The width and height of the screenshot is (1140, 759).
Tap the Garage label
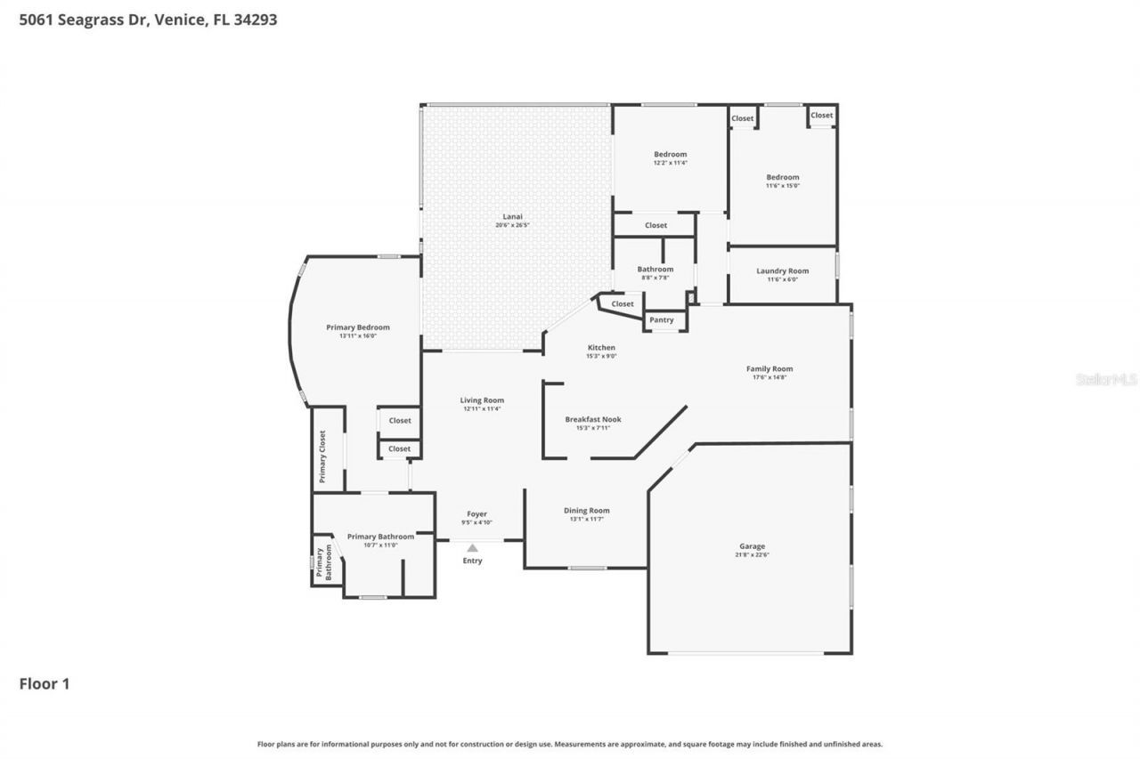coord(752,546)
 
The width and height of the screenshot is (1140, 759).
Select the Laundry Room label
coord(782,270)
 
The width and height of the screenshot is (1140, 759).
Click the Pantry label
coord(661,319)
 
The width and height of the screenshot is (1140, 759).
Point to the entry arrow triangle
coord(472,548)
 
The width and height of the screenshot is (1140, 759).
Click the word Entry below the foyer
coord(472,561)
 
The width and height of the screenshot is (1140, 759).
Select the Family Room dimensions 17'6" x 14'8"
coord(769,377)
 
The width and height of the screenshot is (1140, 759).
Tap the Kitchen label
coord(601,347)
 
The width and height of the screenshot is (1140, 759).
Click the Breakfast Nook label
coord(592,419)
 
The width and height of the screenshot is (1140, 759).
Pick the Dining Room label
coord(586,510)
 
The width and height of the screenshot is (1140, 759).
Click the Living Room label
coord(482,400)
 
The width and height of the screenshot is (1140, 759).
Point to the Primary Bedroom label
coord(357,327)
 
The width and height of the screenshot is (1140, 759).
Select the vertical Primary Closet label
coord(322,456)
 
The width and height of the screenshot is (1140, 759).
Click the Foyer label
coord(477,513)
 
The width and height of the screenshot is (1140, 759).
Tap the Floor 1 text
coord(45,683)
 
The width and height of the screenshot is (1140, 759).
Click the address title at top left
coord(148,19)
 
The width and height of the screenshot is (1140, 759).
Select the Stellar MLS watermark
coord(1106,379)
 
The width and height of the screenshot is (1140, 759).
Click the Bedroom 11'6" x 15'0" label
coord(783,177)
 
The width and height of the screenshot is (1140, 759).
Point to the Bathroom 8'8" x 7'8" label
coord(655,269)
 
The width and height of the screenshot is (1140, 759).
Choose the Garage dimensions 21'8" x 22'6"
coord(752,555)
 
